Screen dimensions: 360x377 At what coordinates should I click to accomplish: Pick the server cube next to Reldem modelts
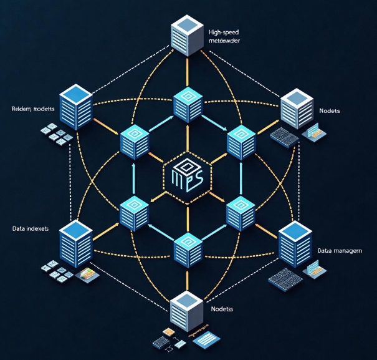[76, 109]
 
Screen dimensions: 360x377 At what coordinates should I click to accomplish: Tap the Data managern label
[340, 250]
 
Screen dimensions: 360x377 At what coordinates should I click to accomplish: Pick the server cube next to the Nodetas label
[188, 310]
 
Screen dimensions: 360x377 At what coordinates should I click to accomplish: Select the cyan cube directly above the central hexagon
[188, 104]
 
